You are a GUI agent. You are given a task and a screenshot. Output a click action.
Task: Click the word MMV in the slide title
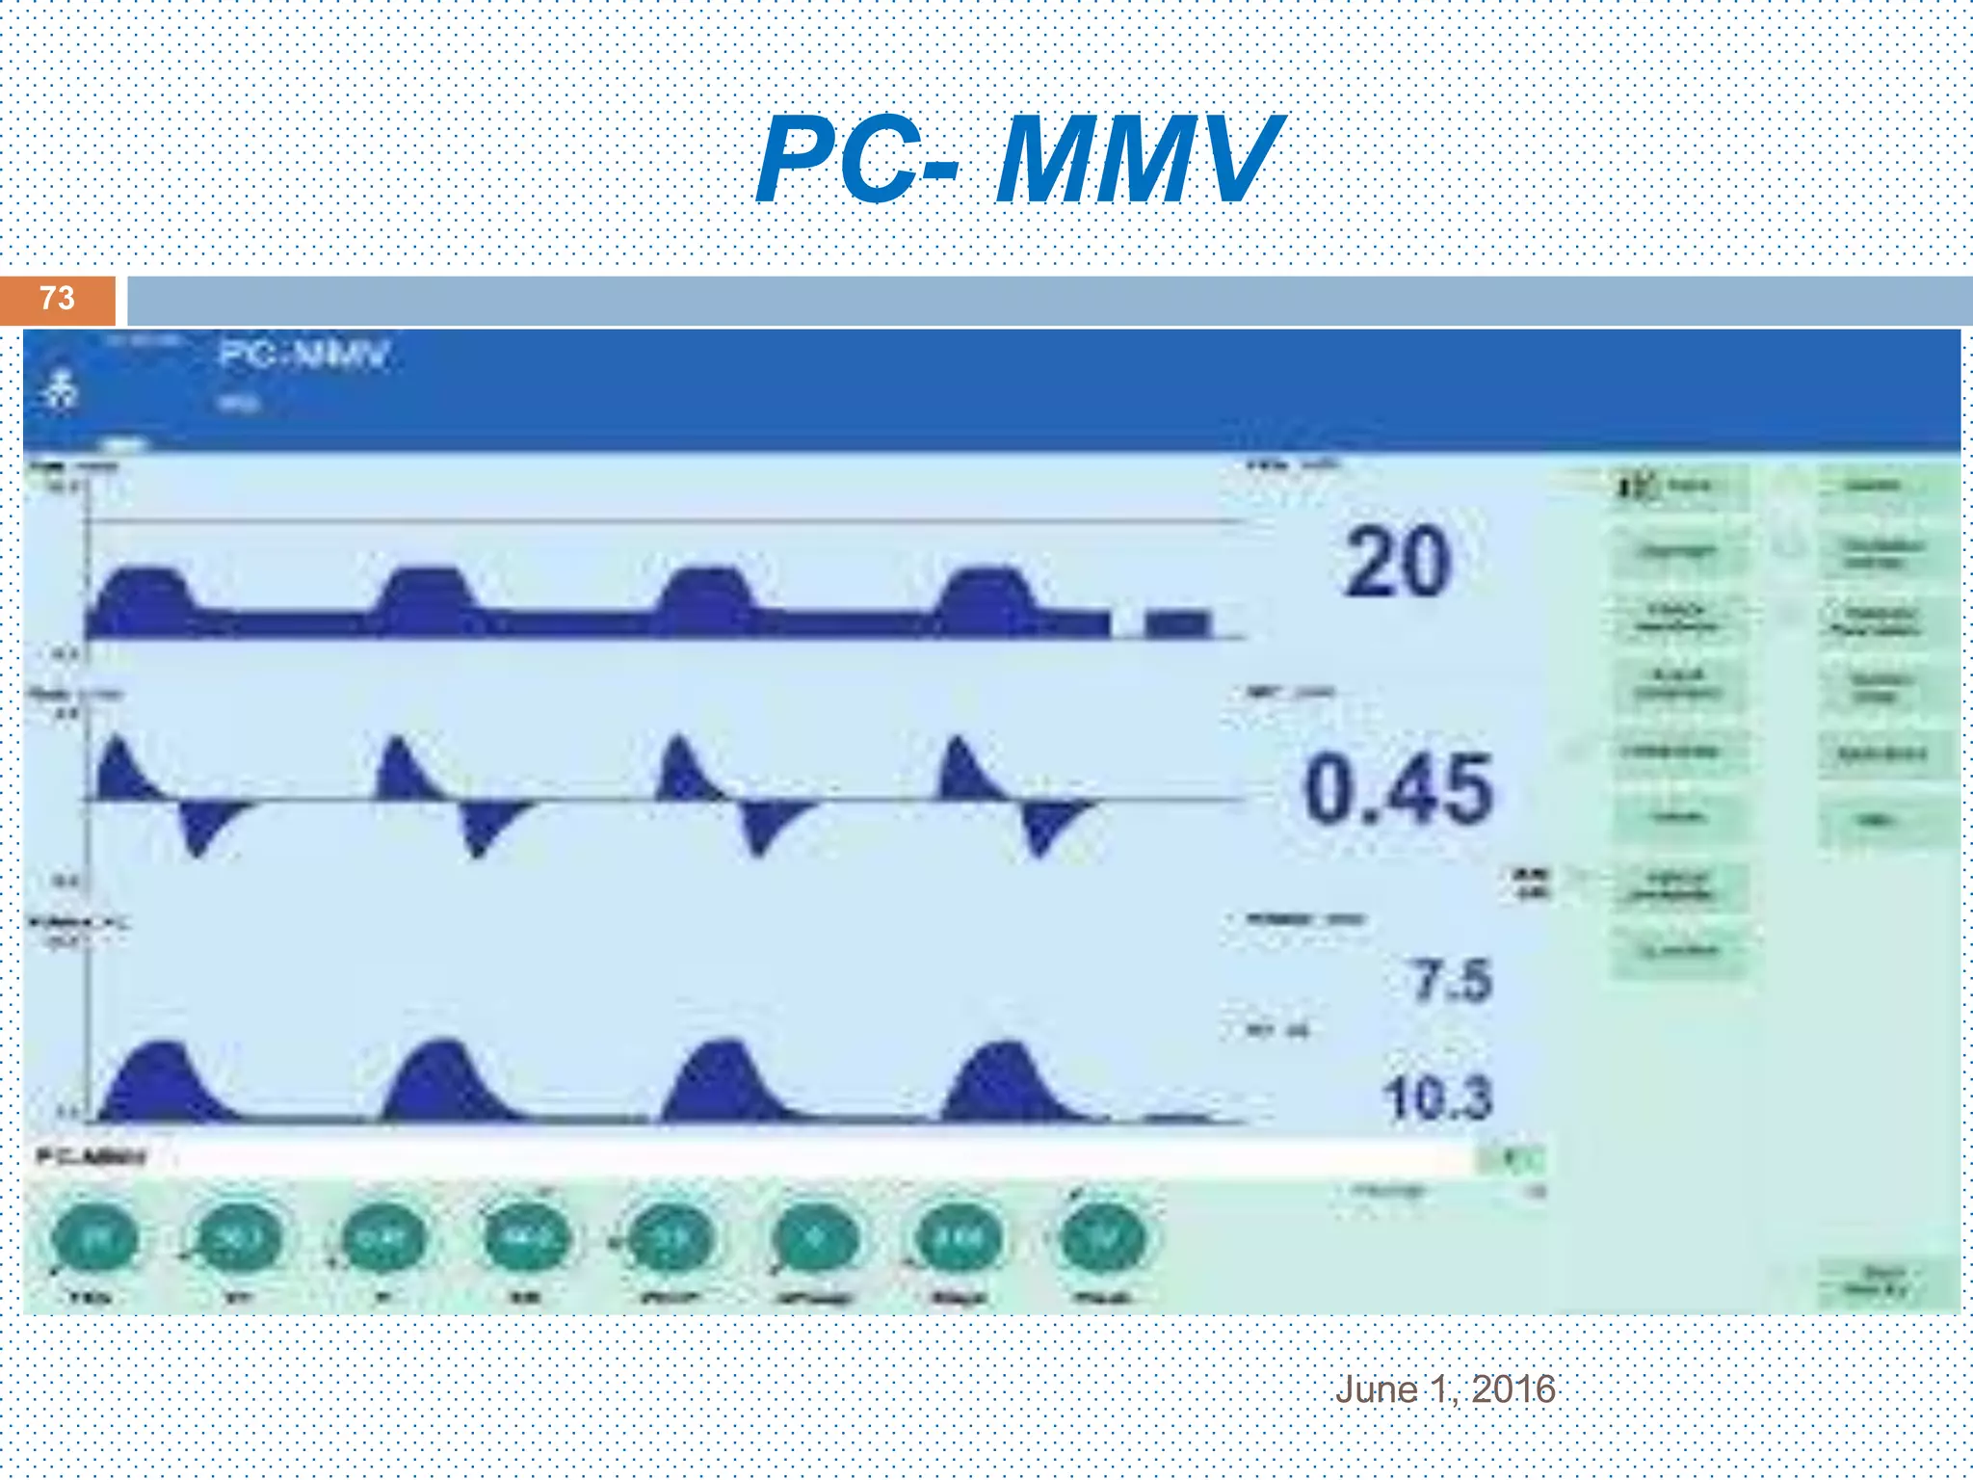[x=1137, y=159]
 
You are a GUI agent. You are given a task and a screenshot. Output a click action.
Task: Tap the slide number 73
[x=57, y=299]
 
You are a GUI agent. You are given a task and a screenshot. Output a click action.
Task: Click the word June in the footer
[x=1376, y=1388]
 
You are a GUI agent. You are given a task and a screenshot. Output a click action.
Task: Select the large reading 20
[x=1397, y=563]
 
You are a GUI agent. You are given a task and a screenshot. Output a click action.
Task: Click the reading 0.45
[x=1399, y=790]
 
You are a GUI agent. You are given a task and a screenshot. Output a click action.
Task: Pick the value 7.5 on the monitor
[x=1453, y=981]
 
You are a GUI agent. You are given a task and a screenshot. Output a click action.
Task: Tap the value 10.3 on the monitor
[x=1437, y=1097]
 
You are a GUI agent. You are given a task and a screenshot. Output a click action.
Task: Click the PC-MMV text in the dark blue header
[x=303, y=356]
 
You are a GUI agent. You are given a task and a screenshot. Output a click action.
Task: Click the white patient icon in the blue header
[x=61, y=389]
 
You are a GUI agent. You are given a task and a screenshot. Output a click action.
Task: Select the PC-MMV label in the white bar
[x=91, y=1156]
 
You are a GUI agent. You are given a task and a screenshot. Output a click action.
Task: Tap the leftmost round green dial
[x=94, y=1240]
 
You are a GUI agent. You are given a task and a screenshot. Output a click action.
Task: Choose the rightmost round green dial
[x=1103, y=1240]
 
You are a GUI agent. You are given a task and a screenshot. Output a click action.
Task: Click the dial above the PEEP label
[x=671, y=1240]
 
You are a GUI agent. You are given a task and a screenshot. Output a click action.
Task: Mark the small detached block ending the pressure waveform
[x=1176, y=623]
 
